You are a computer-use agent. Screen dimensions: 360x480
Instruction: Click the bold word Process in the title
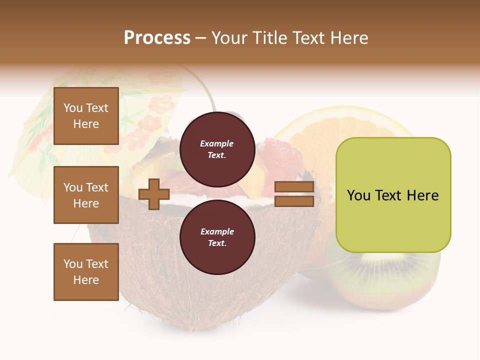(157, 38)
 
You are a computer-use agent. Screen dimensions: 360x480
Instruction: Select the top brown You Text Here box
(86, 116)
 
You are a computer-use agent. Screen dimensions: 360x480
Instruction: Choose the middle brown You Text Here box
(86, 195)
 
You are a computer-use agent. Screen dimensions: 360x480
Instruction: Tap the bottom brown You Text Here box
(86, 271)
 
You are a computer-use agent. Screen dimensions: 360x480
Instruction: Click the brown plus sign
(154, 194)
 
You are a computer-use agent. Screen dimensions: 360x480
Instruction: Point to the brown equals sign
(294, 194)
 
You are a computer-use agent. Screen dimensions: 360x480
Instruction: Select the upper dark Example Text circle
(217, 149)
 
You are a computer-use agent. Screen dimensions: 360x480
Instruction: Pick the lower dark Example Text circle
(217, 237)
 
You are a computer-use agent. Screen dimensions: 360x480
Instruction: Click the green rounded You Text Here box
(393, 195)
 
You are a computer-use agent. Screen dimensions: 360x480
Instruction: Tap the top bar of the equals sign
(294, 187)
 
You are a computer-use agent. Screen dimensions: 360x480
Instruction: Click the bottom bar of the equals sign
(294, 201)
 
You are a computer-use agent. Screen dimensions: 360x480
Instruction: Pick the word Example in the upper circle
(217, 143)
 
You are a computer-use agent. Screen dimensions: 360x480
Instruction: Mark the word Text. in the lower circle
(217, 243)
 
